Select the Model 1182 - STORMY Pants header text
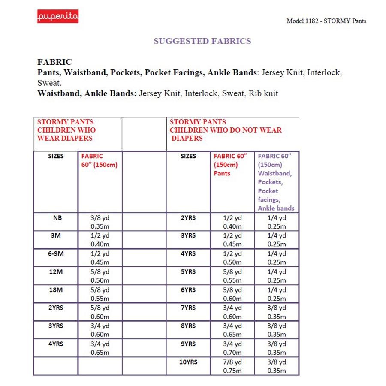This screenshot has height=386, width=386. [326, 21]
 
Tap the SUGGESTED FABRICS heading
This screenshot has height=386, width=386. [202, 41]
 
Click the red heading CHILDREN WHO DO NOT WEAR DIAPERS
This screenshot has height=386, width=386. [226, 130]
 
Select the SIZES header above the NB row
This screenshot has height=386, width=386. [56, 156]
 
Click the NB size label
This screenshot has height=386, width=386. [57, 218]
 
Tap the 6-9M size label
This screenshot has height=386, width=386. [56, 253]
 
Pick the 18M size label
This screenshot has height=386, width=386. [56, 290]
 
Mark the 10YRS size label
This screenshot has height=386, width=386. [188, 362]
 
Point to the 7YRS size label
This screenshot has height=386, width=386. [188, 308]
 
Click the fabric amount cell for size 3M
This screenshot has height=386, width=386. [100, 240]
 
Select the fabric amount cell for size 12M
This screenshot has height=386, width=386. [100, 276]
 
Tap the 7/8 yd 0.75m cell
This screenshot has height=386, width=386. [232, 367]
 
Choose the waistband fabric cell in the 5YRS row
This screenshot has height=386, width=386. [277, 276]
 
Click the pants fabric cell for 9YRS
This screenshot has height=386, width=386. [232, 348]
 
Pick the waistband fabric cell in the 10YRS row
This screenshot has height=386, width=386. [277, 367]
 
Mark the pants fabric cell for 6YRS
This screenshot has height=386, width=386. [232, 294]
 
